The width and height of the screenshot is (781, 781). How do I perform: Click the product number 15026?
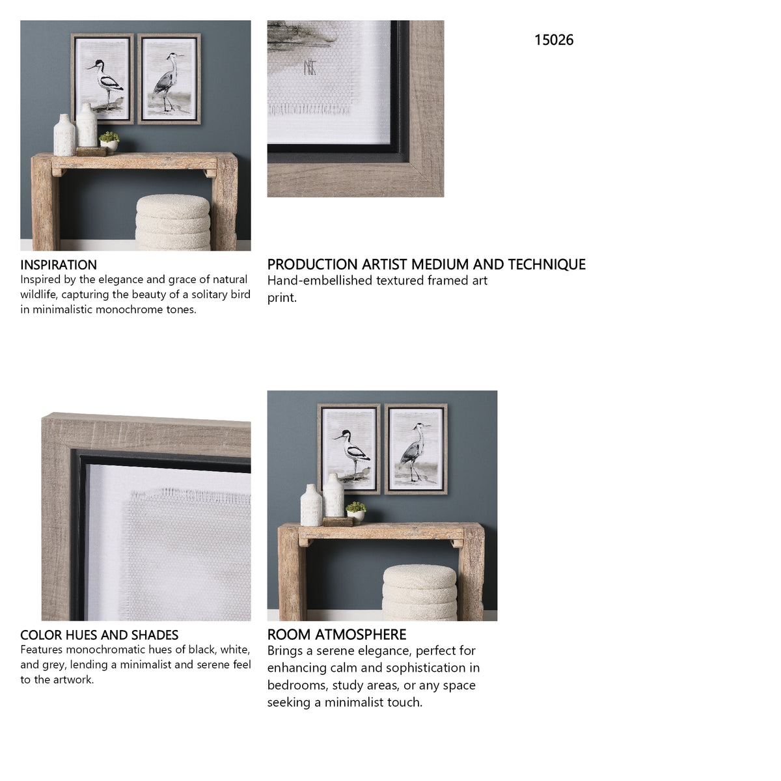(x=553, y=40)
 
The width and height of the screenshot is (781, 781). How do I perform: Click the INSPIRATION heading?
(x=59, y=265)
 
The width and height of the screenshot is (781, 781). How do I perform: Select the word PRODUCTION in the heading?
(x=312, y=264)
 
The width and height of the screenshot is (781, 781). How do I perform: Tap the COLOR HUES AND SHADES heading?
(x=100, y=635)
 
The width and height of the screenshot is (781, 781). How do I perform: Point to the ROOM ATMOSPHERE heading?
(x=336, y=635)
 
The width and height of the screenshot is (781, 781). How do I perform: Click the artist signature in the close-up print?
(x=310, y=68)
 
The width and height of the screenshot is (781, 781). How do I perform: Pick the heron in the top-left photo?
(x=167, y=82)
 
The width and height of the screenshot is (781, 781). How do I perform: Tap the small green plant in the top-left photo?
(x=109, y=137)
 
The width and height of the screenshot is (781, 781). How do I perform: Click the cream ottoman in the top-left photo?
(x=172, y=222)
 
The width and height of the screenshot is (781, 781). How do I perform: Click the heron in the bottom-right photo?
(x=413, y=452)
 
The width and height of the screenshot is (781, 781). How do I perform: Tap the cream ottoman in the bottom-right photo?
(x=420, y=592)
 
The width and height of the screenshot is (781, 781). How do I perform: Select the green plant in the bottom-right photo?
(x=356, y=507)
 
